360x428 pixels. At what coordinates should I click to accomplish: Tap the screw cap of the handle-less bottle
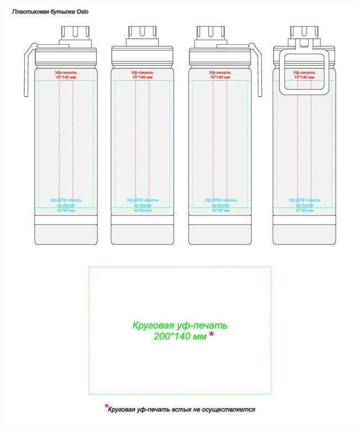click(142, 33)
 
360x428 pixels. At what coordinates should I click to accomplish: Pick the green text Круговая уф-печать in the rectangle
click(179, 325)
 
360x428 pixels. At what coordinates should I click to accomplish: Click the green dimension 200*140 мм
click(180, 336)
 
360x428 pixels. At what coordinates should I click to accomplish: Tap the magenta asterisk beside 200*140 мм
click(211, 335)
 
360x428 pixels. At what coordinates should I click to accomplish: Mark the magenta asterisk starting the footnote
click(107, 407)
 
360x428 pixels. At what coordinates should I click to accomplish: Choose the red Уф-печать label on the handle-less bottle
click(142, 73)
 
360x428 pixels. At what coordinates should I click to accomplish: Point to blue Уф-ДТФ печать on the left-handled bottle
click(66, 201)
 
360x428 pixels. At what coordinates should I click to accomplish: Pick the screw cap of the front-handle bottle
click(303, 33)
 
